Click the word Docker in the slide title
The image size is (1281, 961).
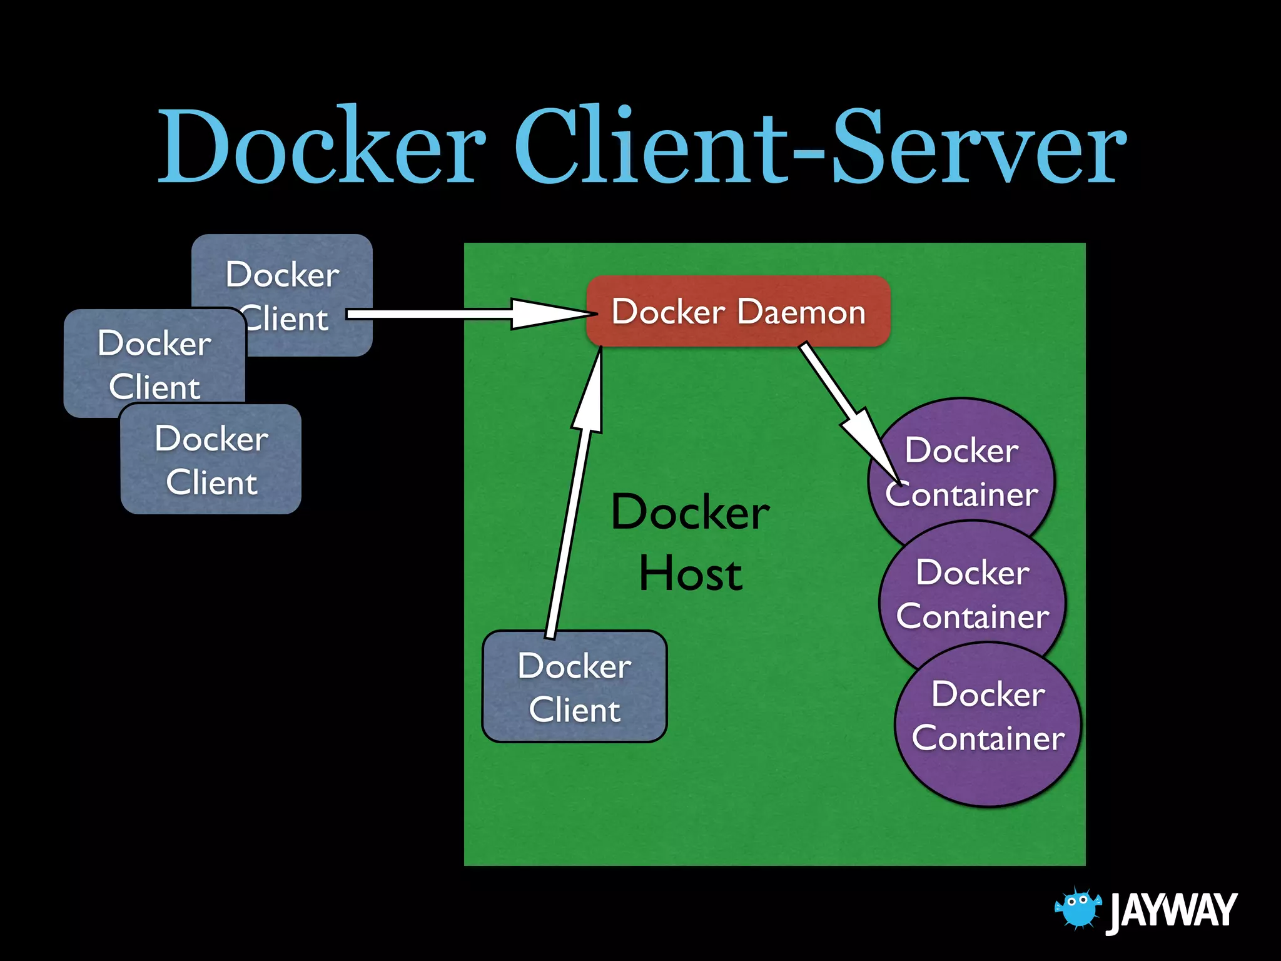point(322,147)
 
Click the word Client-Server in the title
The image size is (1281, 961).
point(819,147)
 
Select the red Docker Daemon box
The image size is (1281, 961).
point(738,311)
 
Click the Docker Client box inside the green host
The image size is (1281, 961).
point(574,687)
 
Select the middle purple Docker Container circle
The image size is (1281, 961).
point(973,594)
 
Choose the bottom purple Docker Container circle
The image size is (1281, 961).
point(988,726)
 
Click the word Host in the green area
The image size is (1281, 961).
point(691,574)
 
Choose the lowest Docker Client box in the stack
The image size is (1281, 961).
point(211,460)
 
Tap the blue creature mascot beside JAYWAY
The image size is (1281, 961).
point(1077,907)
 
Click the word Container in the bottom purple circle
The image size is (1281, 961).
point(988,738)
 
